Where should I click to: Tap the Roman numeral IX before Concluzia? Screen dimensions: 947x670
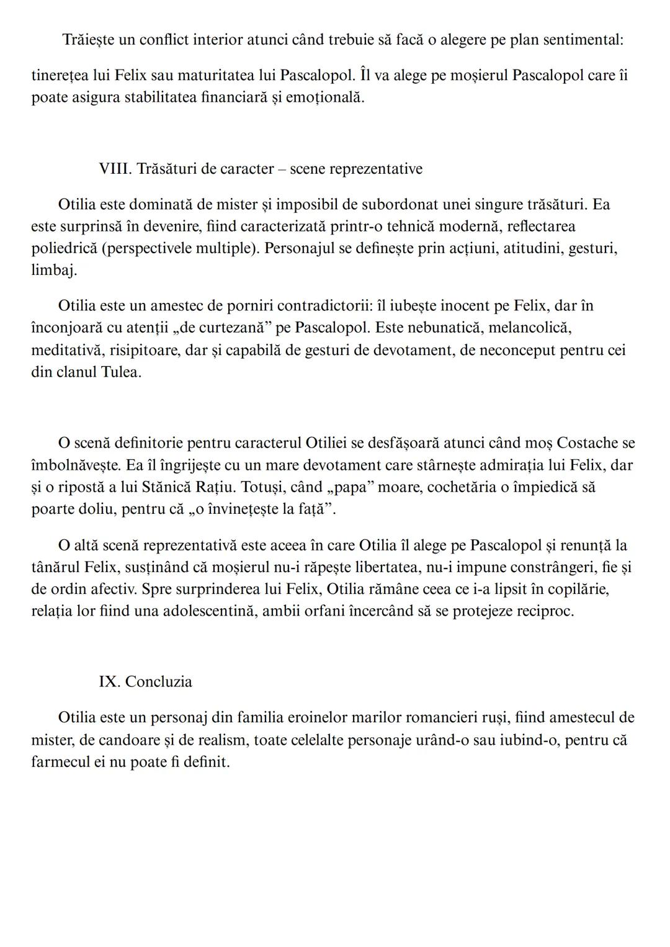point(109,681)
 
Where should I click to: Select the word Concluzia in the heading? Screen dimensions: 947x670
point(159,681)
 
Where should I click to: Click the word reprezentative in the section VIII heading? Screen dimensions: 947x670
point(375,169)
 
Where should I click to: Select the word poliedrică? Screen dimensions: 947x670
point(64,248)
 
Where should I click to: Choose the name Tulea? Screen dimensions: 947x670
point(120,372)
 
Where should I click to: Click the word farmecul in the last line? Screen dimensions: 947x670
point(61,761)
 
